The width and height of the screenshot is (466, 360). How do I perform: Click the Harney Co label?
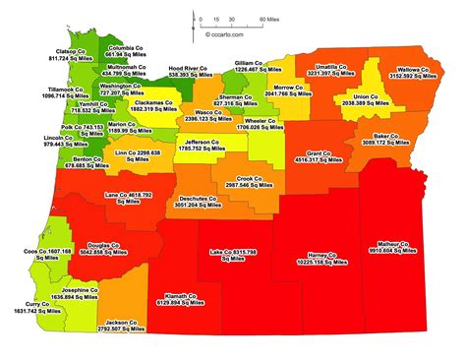coord(321,259)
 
